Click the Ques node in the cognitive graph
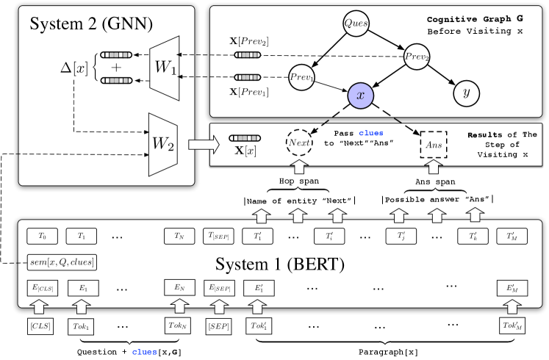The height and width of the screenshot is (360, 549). point(354,24)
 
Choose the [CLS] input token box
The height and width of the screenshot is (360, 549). point(40,324)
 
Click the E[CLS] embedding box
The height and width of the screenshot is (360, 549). point(40,288)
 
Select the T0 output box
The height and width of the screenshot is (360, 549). point(40,237)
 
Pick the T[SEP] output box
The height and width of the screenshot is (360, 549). point(218,237)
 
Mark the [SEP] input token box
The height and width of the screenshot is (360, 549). point(218,324)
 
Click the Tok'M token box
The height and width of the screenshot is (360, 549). point(512,324)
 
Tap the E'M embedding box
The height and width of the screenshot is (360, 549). point(512,288)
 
